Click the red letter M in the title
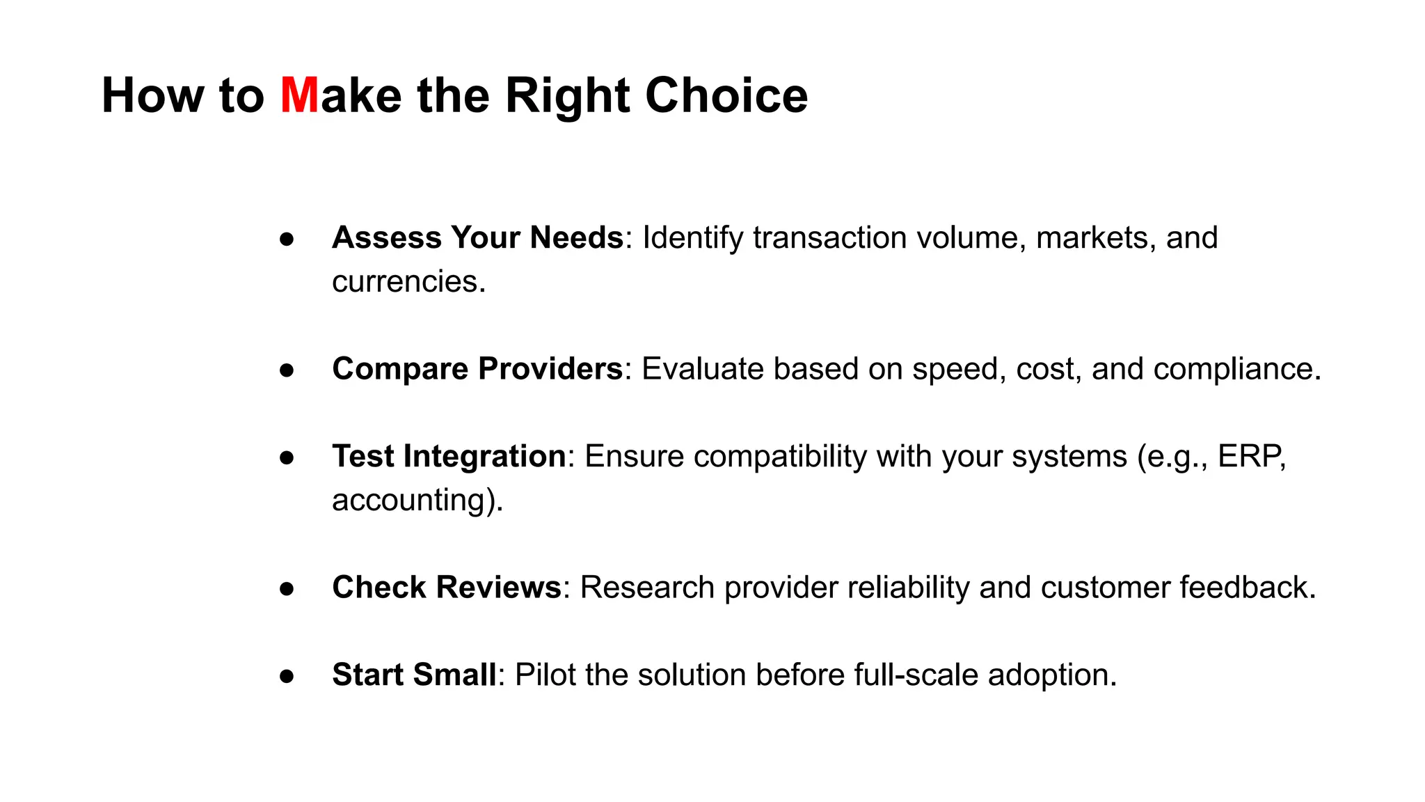pyautogui.click(x=299, y=95)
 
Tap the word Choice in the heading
pyautogui.click(x=726, y=95)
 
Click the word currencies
pyautogui.click(x=408, y=282)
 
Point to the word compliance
pyautogui.click(x=1236, y=370)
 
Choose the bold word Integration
pyautogui.click(x=484, y=457)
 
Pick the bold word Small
pyautogui.click(x=454, y=675)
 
